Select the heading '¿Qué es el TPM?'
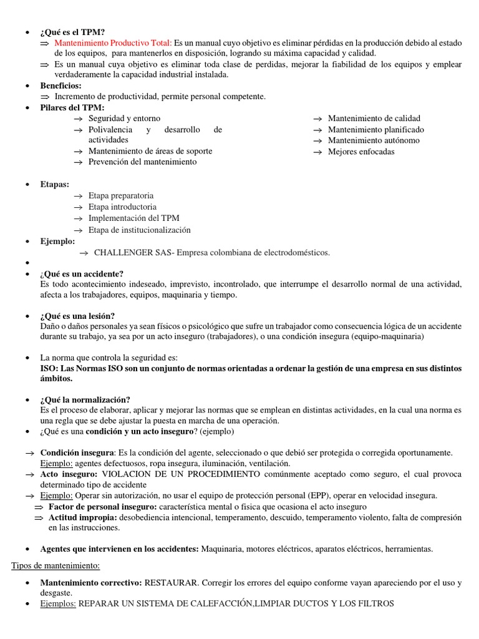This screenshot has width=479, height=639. pos(73,31)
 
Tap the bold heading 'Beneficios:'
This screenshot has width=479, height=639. pos(61,85)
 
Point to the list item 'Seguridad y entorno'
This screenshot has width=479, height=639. pos(124,119)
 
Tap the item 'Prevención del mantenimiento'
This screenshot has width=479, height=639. pos(142,162)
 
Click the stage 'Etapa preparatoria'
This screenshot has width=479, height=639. pos(121,196)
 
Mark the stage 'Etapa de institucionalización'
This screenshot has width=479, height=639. pos(140,230)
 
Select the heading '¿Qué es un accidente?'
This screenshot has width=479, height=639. pos(82,274)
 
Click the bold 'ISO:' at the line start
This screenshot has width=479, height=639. pos(49,369)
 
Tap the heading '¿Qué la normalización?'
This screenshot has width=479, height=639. pos(85,399)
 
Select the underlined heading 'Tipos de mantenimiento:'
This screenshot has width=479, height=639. pos(56,565)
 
